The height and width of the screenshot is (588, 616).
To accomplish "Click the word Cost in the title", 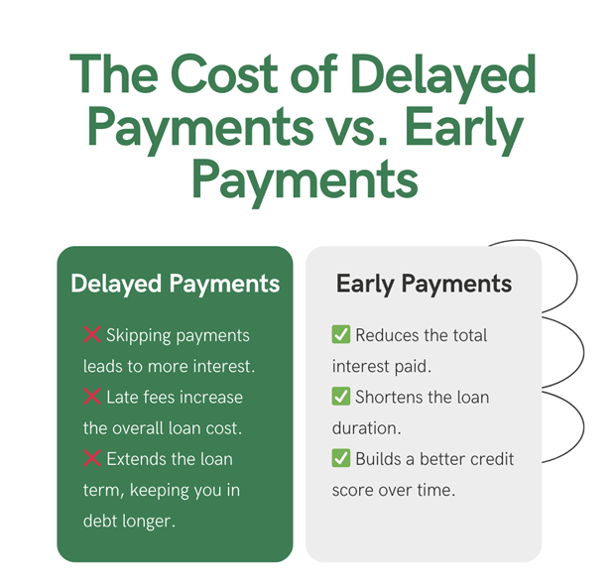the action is (x=224, y=73).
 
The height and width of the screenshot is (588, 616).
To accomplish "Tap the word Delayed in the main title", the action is (x=443, y=77).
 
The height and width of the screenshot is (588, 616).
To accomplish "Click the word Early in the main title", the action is (x=463, y=130).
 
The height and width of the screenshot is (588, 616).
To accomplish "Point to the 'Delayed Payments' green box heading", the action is (x=176, y=284).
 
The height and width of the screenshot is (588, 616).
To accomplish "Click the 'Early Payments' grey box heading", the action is (x=424, y=284).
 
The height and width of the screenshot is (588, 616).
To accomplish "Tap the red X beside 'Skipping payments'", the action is (x=92, y=334).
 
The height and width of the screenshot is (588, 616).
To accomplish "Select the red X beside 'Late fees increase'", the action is (x=92, y=397).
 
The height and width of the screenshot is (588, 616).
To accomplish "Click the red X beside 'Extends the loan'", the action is (x=92, y=458).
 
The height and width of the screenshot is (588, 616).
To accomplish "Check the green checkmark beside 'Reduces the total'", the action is (x=340, y=334).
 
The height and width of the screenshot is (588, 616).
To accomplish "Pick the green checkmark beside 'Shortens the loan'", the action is (x=340, y=396).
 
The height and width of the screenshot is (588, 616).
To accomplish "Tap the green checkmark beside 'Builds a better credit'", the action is (x=340, y=457).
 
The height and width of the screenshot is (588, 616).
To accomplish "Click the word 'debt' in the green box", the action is (x=100, y=521).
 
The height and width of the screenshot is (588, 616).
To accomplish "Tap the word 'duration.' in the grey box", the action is (x=366, y=428).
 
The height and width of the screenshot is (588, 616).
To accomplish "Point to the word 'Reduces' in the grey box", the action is (x=388, y=335).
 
